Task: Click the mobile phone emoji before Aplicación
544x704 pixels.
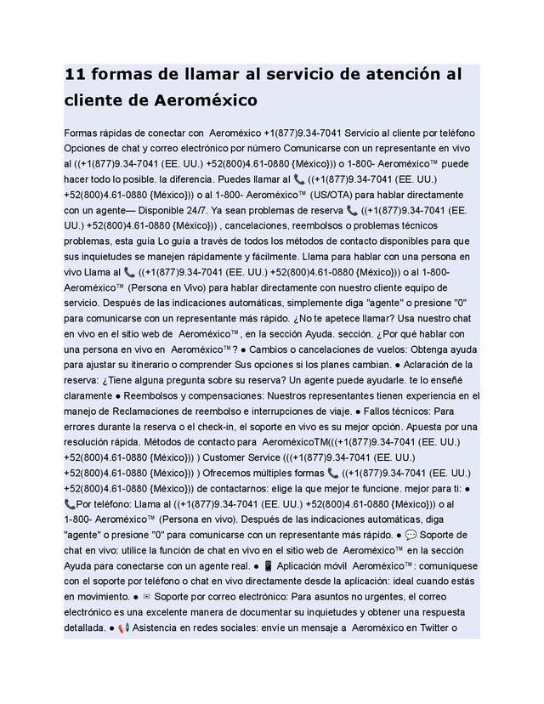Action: (268, 566)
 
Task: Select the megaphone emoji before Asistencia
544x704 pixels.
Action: (124, 629)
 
